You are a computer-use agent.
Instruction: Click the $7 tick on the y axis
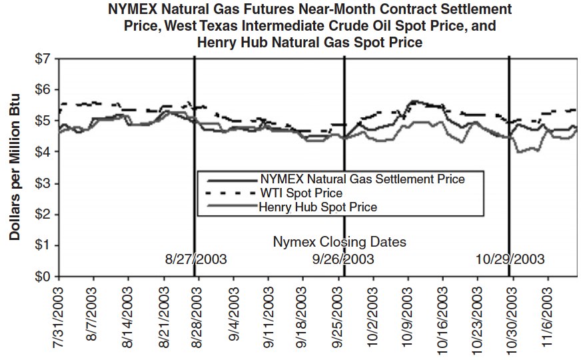pyautogui.click(x=42, y=59)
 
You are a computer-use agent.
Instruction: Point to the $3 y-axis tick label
pyautogui.click(x=42, y=183)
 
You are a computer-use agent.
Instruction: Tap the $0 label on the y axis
pyautogui.click(x=42, y=276)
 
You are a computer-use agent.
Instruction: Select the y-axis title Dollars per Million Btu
pyautogui.click(x=14, y=167)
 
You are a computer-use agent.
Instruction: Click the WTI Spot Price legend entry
pyautogui.click(x=301, y=193)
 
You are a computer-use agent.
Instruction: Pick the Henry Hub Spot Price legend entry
pyautogui.click(x=318, y=207)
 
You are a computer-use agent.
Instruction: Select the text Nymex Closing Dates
pyautogui.click(x=339, y=241)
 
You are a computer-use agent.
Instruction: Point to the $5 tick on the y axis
pyautogui.click(x=42, y=121)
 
